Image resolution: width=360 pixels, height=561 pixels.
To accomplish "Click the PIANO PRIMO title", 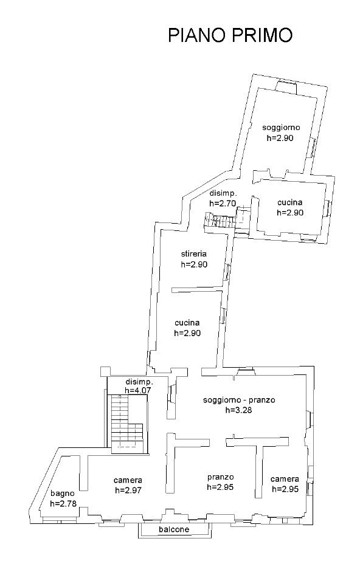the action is point(230,35).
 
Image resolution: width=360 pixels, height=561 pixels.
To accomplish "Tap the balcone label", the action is point(175,529).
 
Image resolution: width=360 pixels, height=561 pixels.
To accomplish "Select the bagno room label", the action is point(63,494).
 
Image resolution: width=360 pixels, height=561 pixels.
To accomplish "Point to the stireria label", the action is point(193,253).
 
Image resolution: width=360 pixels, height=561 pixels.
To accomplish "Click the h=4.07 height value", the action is point(138,390).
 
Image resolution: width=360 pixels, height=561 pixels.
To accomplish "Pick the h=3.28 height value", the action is point(239,410).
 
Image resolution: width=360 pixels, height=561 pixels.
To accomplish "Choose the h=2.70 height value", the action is point(223,203).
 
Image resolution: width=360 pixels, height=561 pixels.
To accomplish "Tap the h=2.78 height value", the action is point(63,504).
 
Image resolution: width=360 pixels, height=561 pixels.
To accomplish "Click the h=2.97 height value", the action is point(128,490).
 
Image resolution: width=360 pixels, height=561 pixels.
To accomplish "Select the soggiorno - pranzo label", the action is point(239,400).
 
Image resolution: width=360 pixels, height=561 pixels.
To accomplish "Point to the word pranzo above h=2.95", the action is point(220,477).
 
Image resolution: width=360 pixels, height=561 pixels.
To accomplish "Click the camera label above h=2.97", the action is point(128,480).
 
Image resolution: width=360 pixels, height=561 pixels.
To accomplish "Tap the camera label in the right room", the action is point(285,479).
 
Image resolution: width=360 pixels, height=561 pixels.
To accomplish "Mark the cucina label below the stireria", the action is point(187,323).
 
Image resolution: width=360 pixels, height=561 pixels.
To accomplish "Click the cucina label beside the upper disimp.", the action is point(290,202).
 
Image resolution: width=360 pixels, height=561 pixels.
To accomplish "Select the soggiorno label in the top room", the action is point(281,128).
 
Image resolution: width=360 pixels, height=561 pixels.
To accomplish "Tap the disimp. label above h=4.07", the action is point(140,381).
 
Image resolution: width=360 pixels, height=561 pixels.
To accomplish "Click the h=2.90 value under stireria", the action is point(194,264).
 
